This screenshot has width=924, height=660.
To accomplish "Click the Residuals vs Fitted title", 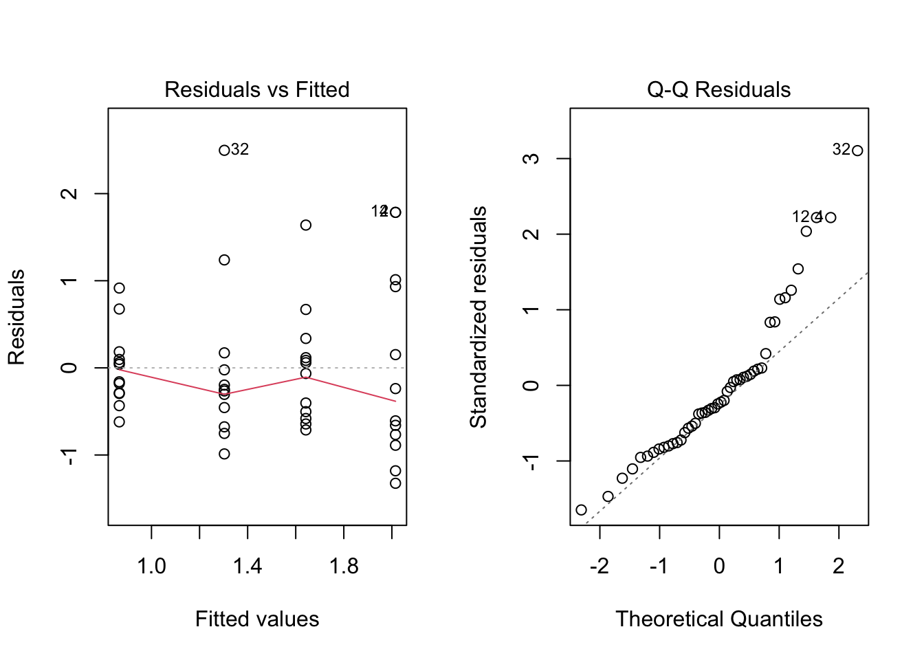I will pyautogui.click(x=256, y=89).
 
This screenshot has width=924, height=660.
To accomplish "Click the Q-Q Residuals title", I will pyautogui.click(x=718, y=89).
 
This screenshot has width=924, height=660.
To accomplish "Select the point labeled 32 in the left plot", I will pyautogui.click(x=224, y=151).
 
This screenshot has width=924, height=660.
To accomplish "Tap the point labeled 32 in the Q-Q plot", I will pyautogui.click(x=857, y=151).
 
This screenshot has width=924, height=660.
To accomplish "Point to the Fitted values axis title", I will pyautogui.click(x=256, y=619).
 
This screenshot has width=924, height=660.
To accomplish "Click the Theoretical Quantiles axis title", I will pyautogui.click(x=718, y=619).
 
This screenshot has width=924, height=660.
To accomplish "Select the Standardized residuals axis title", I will pyautogui.click(x=478, y=317).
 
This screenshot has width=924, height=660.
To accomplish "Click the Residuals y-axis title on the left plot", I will pyautogui.click(x=16, y=317).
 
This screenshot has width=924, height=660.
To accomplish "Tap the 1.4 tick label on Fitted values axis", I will pyautogui.click(x=247, y=566).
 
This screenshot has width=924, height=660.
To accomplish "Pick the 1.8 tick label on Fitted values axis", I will pyautogui.click(x=344, y=566).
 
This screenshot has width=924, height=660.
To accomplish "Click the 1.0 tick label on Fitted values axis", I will pyautogui.click(x=151, y=566).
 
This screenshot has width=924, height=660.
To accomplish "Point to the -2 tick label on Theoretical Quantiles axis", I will pyautogui.click(x=599, y=566).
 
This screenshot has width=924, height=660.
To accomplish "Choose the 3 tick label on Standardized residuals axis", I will pyautogui.click(x=531, y=159).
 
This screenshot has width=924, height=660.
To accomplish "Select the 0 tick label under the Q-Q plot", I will pyautogui.click(x=719, y=566).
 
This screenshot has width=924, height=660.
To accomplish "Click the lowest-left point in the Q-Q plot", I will pyautogui.click(x=581, y=510).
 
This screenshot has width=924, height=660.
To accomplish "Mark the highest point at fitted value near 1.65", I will pyautogui.click(x=306, y=225).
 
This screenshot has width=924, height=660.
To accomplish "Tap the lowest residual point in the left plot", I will pyautogui.click(x=395, y=483).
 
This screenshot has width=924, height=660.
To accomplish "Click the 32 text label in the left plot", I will pyautogui.click(x=240, y=149).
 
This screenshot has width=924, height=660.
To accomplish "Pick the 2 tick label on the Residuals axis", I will pyautogui.click(x=69, y=194).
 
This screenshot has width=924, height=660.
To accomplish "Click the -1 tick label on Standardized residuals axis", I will pyautogui.click(x=531, y=461).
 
